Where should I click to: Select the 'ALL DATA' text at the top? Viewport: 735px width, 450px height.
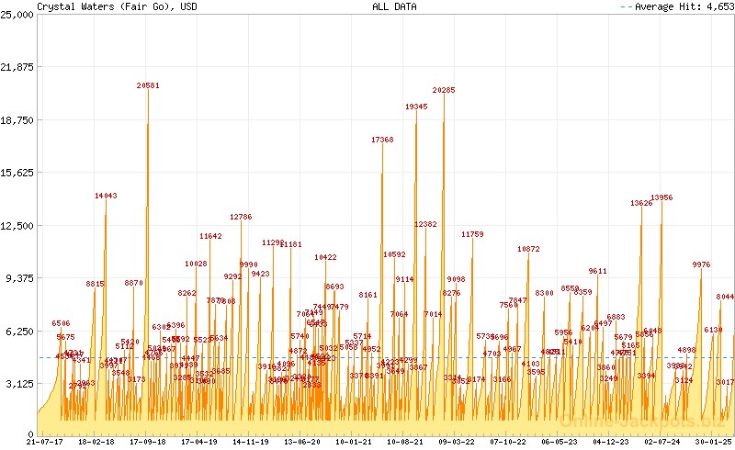point(394,6)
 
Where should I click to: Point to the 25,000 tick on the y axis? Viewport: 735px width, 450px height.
point(17,15)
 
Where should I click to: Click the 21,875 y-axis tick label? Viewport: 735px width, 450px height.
point(17,67)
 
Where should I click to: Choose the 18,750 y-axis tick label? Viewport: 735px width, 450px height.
point(17,120)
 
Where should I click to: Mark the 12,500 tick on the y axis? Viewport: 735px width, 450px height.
point(17,226)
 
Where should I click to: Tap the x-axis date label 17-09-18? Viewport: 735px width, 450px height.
point(147,442)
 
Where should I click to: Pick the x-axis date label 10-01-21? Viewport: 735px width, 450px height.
point(354,442)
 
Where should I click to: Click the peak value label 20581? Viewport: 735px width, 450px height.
point(148,85)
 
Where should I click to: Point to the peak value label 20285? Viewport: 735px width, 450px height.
point(444,91)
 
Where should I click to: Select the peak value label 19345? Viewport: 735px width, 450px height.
point(416,107)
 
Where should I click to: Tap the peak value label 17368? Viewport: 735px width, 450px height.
point(382,141)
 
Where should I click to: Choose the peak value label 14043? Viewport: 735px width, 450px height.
point(106,196)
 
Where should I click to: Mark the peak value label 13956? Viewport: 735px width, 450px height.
point(661,197)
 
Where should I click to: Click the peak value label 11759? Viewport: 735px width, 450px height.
point(472,235)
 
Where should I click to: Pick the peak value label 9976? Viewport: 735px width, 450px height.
point(701,264)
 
